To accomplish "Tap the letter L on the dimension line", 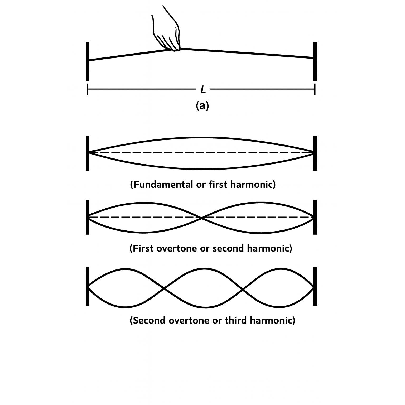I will [x=203, y=90].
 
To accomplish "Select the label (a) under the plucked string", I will [x=202, y=106].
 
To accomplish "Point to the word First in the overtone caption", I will [x=144, y=249].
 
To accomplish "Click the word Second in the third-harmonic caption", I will [x=148, y=321].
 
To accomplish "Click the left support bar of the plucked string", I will [x=88, y=61].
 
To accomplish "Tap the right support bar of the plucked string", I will [x=315, y=61].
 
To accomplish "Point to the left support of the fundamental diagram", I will [x=88, y=153].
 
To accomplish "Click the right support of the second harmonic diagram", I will [x=315, y=217].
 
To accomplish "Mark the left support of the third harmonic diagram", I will [x=88, y=286].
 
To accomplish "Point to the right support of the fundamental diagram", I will [x=315, y=153].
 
